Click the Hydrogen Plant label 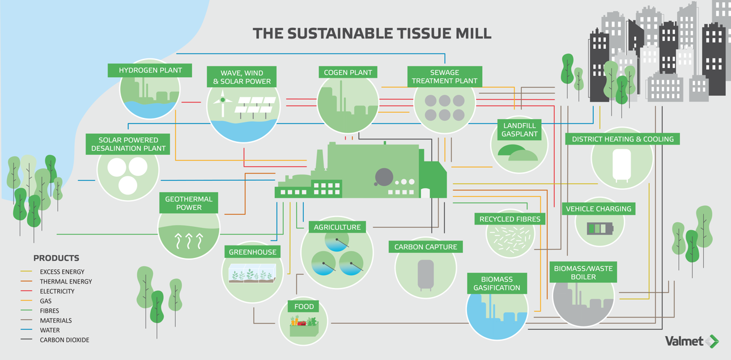coord(150,71)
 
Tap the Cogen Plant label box coord(348,73)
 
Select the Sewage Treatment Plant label coord(444,77)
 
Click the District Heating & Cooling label coord(623,139)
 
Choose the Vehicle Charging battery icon coord(600,229)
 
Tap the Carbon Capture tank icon coord(426,274)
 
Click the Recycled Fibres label coord(510,219)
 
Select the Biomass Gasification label coord(496,283)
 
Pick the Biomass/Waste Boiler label coord(583,273)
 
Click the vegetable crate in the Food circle coord(304,327)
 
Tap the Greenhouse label coord(253,252)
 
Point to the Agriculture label coord(337,227)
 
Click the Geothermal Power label coord(189,203)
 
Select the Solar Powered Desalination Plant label coord(128,144)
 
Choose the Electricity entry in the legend coord(57,291)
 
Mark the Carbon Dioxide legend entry coord(64,340)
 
